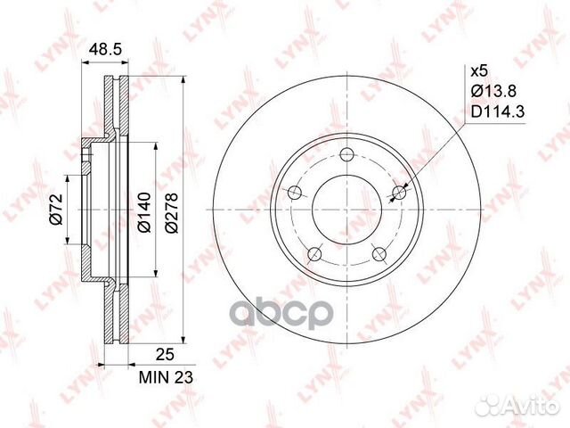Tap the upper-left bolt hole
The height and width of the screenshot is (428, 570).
click(295, 192)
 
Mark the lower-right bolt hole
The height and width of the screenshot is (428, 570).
click(379, 255)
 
